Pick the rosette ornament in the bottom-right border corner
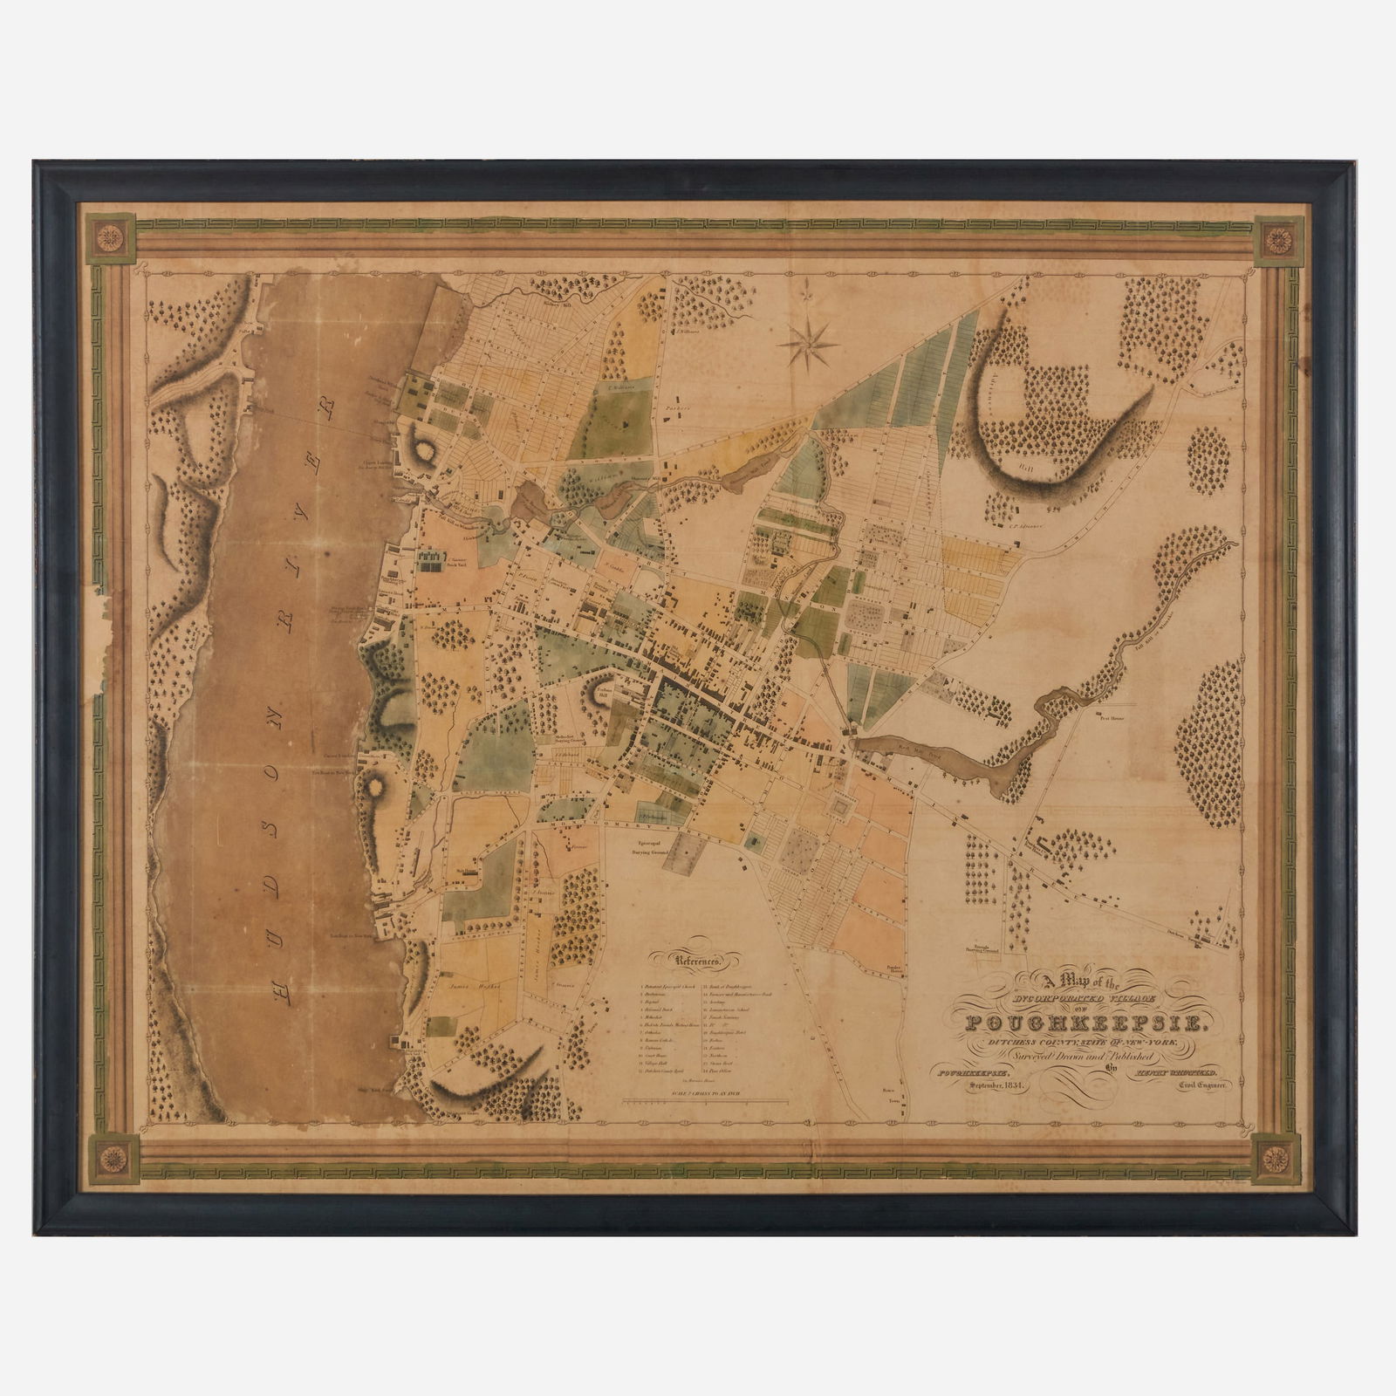click(1276, 1160)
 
